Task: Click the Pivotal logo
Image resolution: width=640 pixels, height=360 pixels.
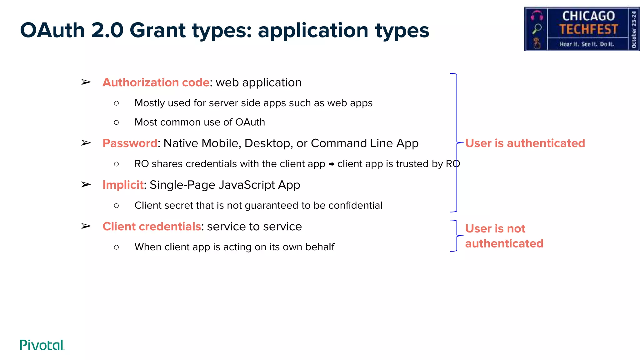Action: coord(42,345)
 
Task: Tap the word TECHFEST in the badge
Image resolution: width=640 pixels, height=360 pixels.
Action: coord(588,29)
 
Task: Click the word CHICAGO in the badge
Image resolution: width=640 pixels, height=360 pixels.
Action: coord(588,16)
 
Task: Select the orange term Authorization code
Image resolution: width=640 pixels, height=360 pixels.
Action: coord(156,82)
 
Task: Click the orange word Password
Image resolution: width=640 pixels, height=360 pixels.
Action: coord(130,143)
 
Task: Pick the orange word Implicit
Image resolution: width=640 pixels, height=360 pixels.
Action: coord(123,185)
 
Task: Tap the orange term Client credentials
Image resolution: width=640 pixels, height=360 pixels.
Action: coord(152,227)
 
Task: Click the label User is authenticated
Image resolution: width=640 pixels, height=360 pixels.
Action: coord(525,143)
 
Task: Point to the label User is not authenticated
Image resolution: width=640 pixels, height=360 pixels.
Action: coord(504,236)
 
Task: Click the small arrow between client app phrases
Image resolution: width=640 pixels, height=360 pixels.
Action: coord(331,164)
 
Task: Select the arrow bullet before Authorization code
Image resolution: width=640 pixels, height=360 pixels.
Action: coord(86,82)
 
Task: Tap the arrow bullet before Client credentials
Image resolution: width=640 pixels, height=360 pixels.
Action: coord(86,226)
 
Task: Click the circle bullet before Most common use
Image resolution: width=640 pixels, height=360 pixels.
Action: coord(117,122)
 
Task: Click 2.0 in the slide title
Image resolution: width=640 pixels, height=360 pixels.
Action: coord(107,30)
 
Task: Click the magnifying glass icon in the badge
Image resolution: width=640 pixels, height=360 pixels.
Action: coord(537,28)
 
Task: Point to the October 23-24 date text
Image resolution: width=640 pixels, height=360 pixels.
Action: coord(634,29)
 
